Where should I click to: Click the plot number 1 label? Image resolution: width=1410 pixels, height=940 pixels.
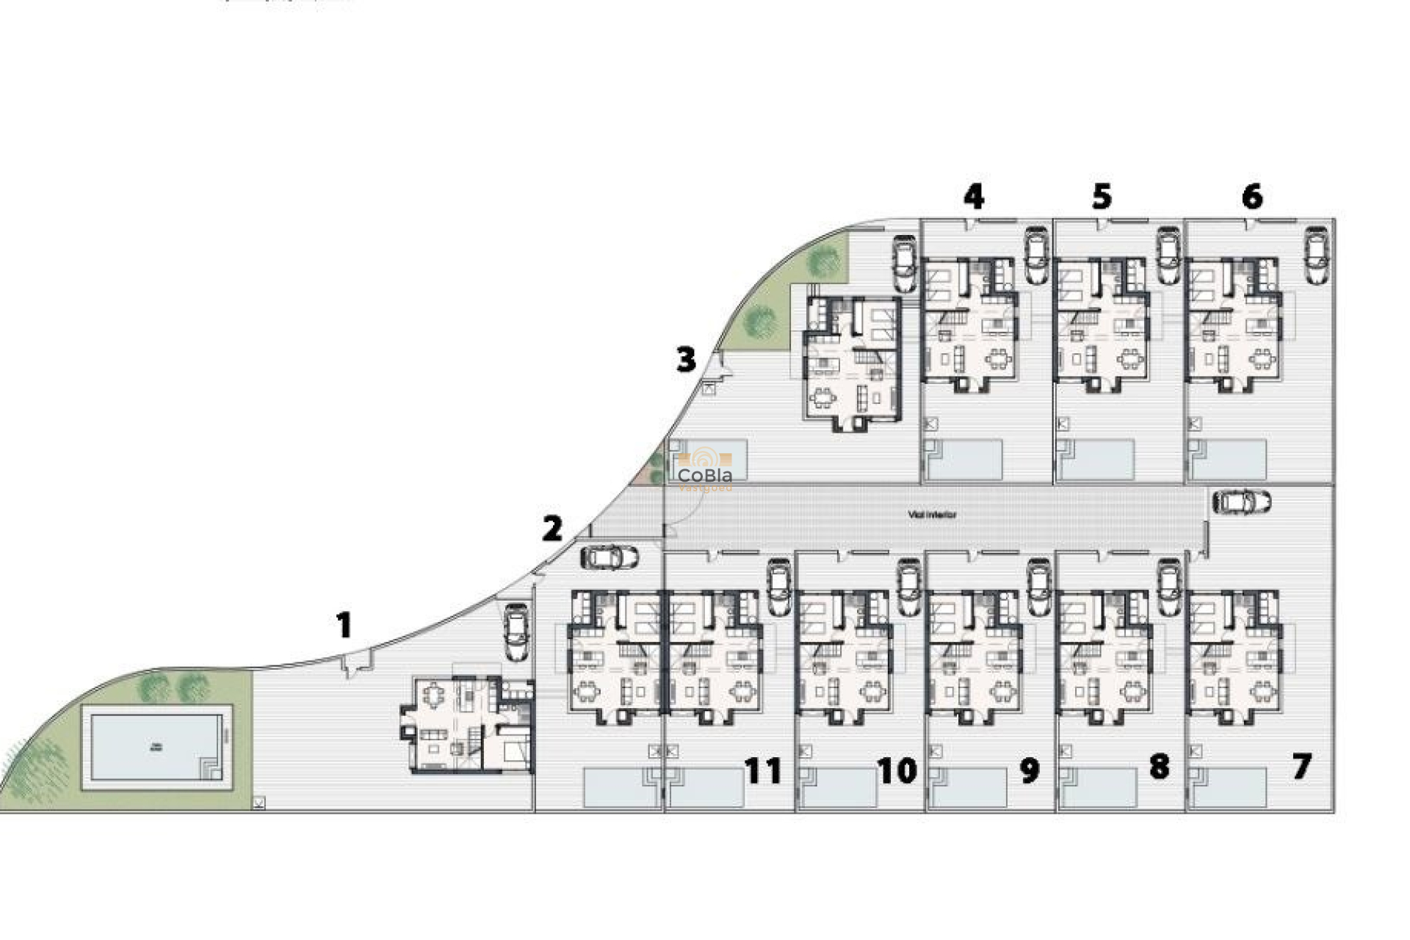tap(344, 625)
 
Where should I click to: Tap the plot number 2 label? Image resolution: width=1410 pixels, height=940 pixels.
tap(552, 529)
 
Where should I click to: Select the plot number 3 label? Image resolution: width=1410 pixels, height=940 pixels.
tap(686, 360)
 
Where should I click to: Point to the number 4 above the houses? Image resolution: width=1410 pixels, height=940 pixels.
tap(974, 197)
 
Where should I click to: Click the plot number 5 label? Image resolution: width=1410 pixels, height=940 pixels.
tap(1102, 197)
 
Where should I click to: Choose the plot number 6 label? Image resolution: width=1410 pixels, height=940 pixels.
tap(1252, 197)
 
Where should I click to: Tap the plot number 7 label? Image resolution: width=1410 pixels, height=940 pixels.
tap(1301, 767)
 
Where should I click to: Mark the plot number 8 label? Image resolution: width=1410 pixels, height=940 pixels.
tap(1159, 767)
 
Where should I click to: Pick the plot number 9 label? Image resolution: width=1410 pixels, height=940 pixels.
tap(1030, 770)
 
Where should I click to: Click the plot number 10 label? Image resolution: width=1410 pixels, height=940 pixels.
tap(897, 770)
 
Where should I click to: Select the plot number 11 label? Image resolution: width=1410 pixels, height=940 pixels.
tap(763, 770)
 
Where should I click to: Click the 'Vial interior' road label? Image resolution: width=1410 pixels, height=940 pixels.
tap(932, 515)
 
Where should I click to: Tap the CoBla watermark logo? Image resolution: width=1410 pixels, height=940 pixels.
tap(704, 470)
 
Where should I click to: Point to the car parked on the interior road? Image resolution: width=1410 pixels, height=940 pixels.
tap(1241, 502)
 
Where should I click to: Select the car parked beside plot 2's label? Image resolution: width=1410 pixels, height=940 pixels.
tap(609, 557)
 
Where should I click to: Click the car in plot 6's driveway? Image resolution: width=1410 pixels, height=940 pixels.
tap(1315, 255)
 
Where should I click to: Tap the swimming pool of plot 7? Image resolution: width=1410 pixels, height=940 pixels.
tap(1230, 787)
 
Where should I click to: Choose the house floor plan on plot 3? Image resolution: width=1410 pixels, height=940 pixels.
tap(852, 364)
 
